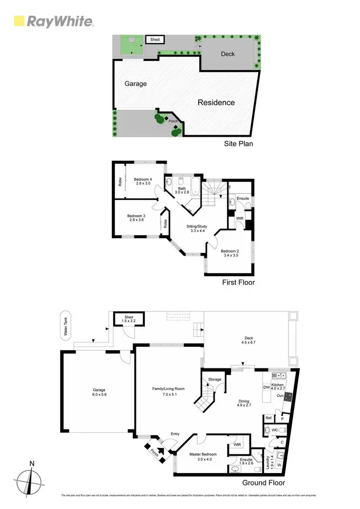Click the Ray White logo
tap(53, 21)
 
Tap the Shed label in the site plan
tap(155, 40)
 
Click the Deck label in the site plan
tap(228, 54)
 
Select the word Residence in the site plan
tap(216, 102)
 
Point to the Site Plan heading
tap(239, 143)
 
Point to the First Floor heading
tap(239, 283)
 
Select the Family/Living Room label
tap(168, 389)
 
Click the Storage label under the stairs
tap(215, 379)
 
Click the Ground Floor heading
tap(264, 483)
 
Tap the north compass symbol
tap(32, 480)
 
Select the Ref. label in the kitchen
tap(269, 418)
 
